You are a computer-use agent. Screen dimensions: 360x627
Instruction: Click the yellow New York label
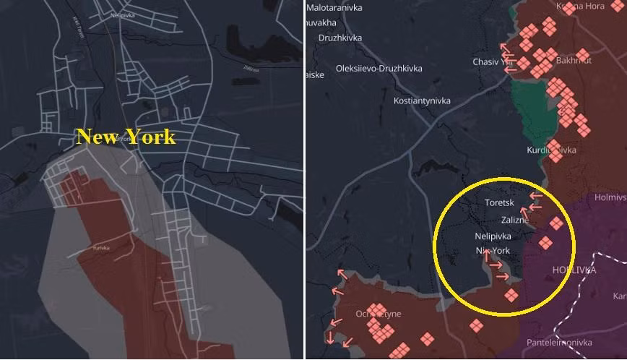coord(126,137)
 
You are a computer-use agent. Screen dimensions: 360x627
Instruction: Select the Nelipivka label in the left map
coord(124,14)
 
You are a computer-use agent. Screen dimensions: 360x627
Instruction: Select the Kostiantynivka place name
coord(422,101)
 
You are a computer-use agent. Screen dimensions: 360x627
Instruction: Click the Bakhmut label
coord(574,61)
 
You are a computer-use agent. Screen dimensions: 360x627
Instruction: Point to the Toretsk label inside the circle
coord(499,204)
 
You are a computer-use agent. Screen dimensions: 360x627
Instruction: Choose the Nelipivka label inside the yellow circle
coord(493,236)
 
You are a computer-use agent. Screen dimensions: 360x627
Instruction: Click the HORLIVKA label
coord(574,270)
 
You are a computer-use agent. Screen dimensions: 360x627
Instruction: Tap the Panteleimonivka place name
coord(559,343)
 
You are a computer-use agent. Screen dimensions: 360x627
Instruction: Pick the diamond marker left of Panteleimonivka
coord(475,325)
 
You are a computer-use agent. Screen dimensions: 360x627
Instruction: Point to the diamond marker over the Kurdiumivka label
coord(555,154)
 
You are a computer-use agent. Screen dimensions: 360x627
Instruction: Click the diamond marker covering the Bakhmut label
coord(582,55)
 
